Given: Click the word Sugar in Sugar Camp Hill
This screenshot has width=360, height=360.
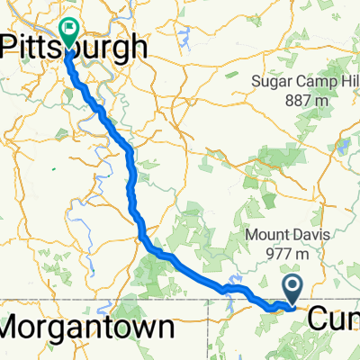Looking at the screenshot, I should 265,86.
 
